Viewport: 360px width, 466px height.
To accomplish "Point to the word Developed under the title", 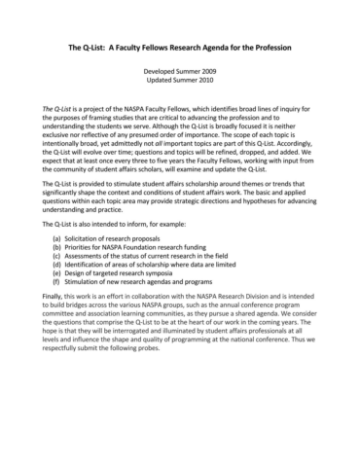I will pyautogui.click(x=162, y=72).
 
